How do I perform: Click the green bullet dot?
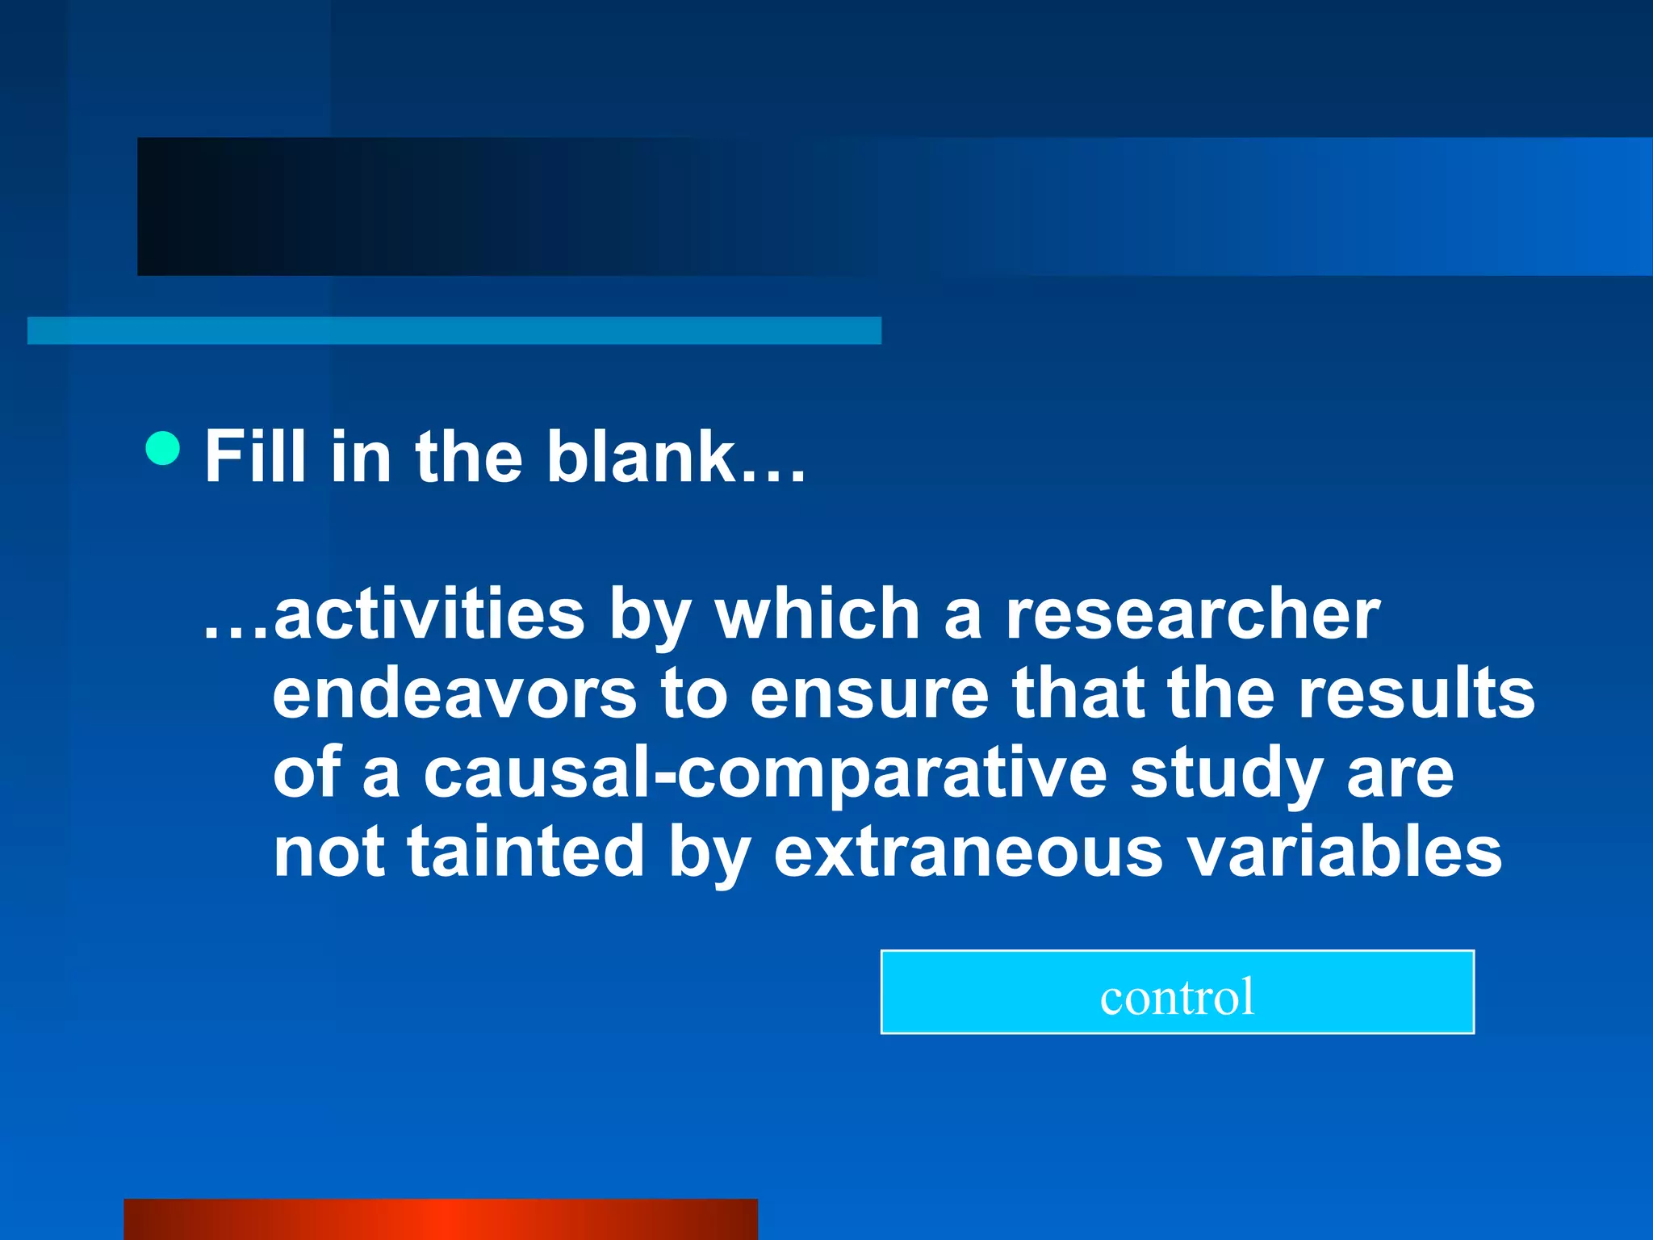[163, 448]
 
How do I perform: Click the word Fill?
[255, 457]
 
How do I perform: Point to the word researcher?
[1192, 615]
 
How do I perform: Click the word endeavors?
[455, 694]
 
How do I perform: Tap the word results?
[1417, 694]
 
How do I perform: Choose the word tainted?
[525, 852]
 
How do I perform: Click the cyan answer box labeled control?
[1177, 992]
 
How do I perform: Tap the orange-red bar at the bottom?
[441, 1219]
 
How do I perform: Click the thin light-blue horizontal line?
[454, 331]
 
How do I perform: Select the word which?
[818, 615]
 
